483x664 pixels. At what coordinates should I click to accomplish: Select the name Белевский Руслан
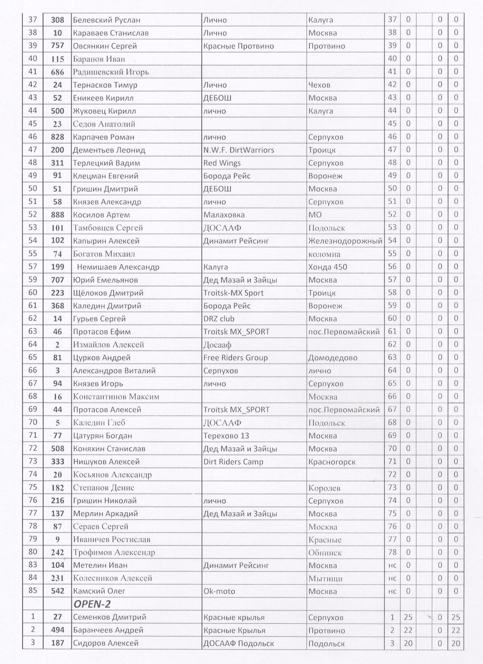106,20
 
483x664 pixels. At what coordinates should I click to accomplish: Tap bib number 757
57,46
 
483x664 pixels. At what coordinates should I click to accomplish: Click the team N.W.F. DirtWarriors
238,150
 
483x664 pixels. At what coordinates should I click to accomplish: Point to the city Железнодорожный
345,241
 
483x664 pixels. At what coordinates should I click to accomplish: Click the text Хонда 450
327,267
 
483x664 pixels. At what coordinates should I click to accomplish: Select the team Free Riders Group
235,358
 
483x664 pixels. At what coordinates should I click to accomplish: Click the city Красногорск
332,462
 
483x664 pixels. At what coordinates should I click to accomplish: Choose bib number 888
57,215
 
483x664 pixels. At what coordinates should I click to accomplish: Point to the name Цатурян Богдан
102,436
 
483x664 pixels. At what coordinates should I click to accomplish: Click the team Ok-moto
219,591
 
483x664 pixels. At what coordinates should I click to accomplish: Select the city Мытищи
325,578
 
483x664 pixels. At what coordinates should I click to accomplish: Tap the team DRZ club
218,319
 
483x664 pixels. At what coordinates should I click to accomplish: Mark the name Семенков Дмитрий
109,617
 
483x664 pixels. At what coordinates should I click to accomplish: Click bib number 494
57,630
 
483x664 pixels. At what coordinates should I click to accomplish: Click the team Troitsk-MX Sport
233,293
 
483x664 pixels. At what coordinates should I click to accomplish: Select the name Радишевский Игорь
111,72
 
